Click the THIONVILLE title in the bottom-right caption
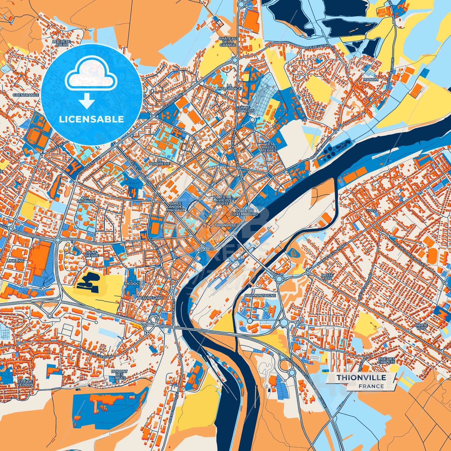click(x=361, y=377)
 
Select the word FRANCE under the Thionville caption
click(x=371, y=386)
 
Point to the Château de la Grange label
click(x=228, y=42)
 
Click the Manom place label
click(x=370, y=80)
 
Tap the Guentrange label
click(x=26, y=95)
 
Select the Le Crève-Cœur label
click(x=62, y=43)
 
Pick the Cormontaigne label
click(x=260, y=295)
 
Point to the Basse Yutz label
click(x=327, y=277)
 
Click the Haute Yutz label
click(x=421, y=326)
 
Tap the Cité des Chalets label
click(x=386, y=360)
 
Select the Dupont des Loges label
click(x=119, y=375)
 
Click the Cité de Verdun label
click(x=26, y=383)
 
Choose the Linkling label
click(x=16, y=261)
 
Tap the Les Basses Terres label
click(x=269, y=147)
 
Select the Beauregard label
click(x=150, y=298)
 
